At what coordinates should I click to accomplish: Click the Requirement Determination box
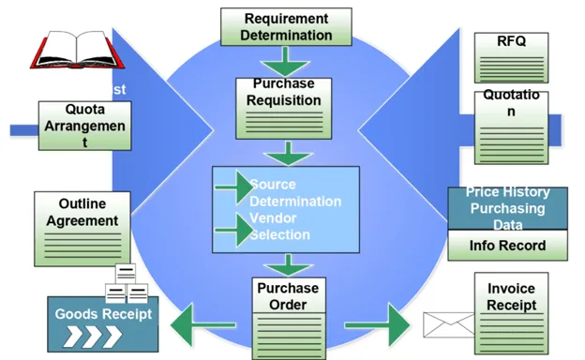(286, 26)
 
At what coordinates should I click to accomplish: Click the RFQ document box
(511, 56)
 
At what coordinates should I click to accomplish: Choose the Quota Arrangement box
(83, 127)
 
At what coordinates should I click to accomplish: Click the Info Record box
(507, 246)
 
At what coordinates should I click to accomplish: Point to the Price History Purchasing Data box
(507, 208)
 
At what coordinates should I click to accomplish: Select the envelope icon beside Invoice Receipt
(448, 324)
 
